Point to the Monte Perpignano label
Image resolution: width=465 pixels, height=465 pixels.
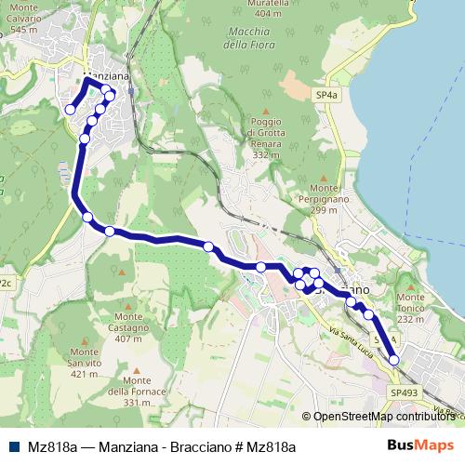tap(311, 205)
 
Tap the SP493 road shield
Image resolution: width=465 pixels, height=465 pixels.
tap(405, 393)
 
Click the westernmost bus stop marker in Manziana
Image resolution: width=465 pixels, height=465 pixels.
tap(70, 110)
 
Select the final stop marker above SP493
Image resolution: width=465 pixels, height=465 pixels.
tap(393, 360)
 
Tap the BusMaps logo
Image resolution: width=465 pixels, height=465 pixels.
tap(419, 445)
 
